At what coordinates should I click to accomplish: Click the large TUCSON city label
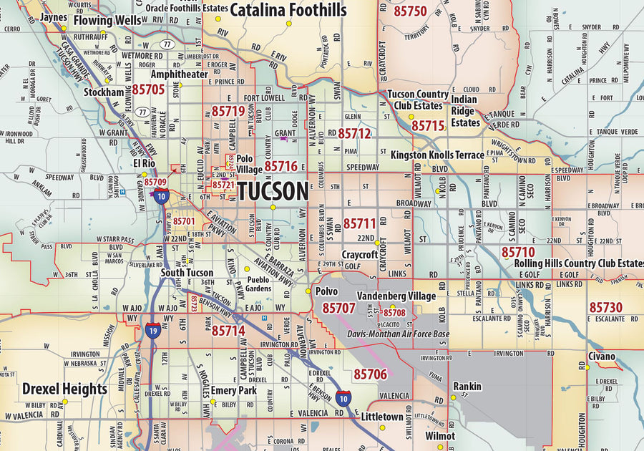coord(273,191)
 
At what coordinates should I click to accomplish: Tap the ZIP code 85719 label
coord(228,111)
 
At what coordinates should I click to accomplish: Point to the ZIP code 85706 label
coord(370,374)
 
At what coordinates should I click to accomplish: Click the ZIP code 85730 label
coord(605,307)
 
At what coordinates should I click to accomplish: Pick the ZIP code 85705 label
coord(148,89)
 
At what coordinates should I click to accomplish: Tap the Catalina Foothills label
coord(288,9)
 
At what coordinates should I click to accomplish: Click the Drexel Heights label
coord(64,389)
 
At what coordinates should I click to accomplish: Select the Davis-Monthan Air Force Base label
coord(398,334)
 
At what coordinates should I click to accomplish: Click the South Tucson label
coord(187,272)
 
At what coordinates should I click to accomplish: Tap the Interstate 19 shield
coord(153,330)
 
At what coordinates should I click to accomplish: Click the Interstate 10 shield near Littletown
coord(343,397)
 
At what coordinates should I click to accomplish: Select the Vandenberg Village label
coord(396,296)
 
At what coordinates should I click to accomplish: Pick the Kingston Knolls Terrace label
coord(437,155)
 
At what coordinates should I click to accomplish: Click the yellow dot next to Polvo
coord(308,291)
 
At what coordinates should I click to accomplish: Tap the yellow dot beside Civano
coord(587,367)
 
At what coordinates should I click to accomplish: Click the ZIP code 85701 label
coord(183,222)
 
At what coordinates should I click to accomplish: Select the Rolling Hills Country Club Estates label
coord(579,263)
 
